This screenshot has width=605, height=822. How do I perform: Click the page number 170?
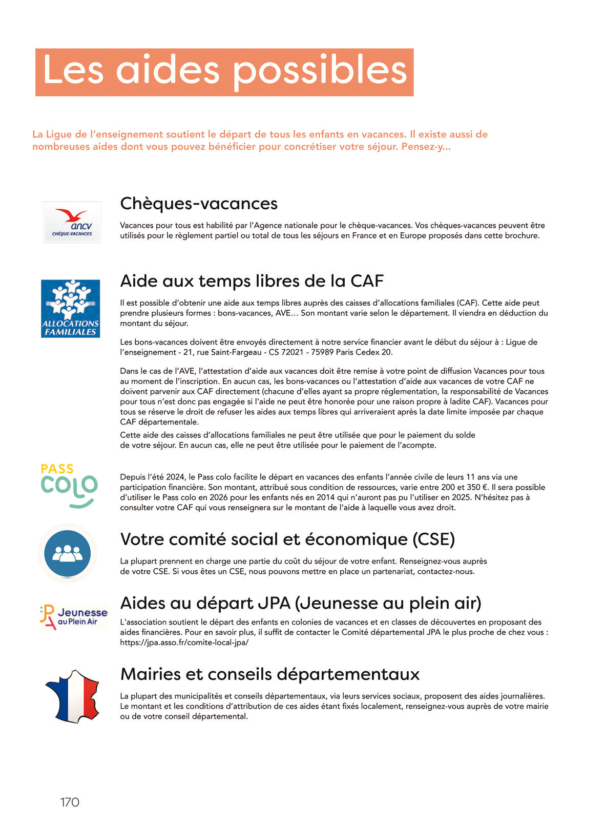[x=70, y=802]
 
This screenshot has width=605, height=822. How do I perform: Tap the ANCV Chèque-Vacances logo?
[x=72, y=222]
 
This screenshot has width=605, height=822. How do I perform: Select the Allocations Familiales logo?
[x=70, y=309]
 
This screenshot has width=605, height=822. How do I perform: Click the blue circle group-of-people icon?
[x=67, y=553]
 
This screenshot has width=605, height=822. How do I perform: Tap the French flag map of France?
[x=73, y=696]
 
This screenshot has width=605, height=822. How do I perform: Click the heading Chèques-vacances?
[x=199, y=204]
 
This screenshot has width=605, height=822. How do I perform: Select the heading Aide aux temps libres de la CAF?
[x=252, y=281]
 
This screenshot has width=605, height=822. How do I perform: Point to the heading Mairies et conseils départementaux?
[x=269, y=674]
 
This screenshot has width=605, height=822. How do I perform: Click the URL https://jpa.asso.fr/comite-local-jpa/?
[x=184, y=643]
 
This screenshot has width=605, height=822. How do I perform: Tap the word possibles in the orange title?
[x=320, y=71]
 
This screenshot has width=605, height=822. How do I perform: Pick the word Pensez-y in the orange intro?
[x=423, y=147]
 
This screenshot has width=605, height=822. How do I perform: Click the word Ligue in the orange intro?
[x=60, y=134]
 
